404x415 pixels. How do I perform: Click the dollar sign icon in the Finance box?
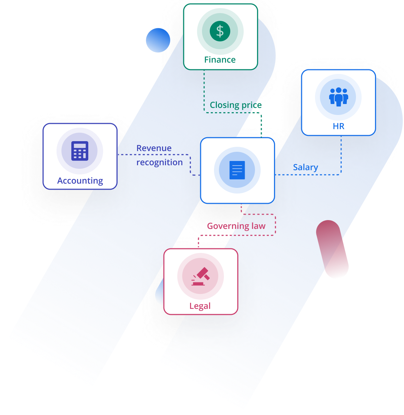220,31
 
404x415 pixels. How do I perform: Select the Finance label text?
220,60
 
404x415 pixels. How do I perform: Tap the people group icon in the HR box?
338,97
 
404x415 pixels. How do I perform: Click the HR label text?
338,126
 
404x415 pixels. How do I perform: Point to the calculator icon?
79,151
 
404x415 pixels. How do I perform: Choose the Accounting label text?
80,181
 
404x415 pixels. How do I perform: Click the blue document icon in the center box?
237,170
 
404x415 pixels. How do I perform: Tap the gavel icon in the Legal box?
200,276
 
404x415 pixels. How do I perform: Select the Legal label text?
200,306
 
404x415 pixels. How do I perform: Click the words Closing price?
236,105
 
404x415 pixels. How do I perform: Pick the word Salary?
305,167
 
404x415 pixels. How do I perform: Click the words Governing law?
236,226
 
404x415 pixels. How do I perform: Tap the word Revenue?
154,148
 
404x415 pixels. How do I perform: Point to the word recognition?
160,162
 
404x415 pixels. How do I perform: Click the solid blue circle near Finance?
158,40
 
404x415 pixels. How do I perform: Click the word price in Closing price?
251,105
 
